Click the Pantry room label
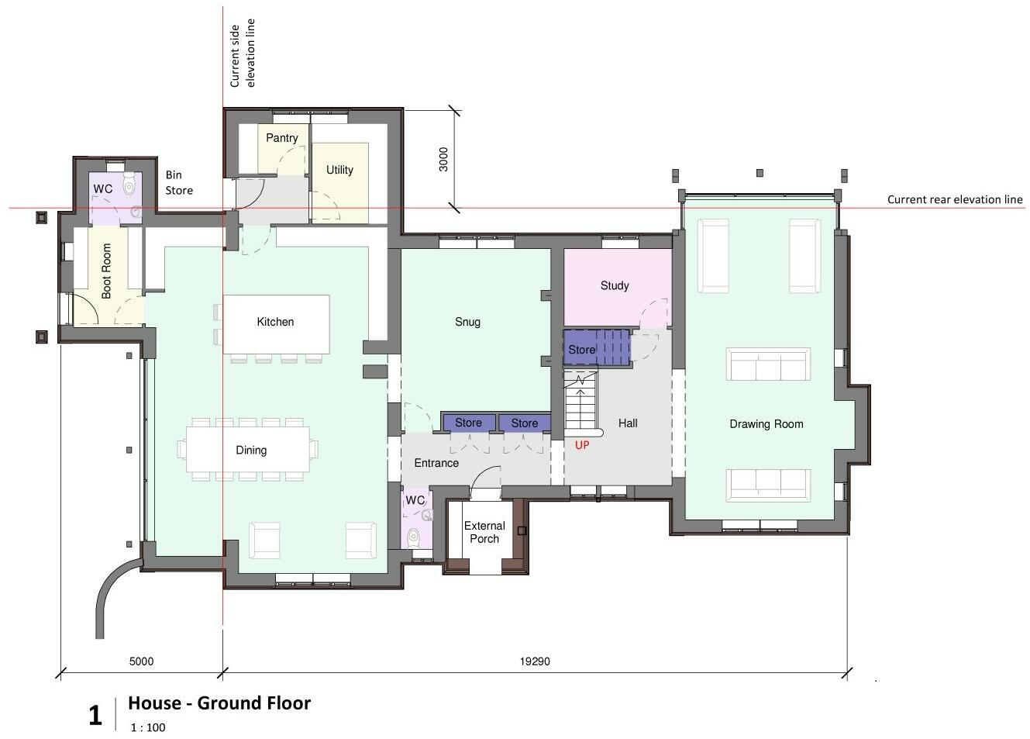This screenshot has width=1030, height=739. pyautogui.click(x=282, y=137)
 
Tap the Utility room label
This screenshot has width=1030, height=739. pyautogui.click(x=339, y=170)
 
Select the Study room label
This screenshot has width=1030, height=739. pyautogui.click(x=615, y=286)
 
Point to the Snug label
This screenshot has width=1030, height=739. pyautogui.click(x=467, y=322)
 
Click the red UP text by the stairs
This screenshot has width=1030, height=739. pyautogui.click(x=582, y=445)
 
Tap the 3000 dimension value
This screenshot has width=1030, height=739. pyautogui.click(x=443, y=159)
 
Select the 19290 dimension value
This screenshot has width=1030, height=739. pyautogui.click(x=535, y=661)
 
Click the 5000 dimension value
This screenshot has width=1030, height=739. pyautogui.click(x=141, y=661)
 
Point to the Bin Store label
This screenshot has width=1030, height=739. pyautogui.click(x=179, y=183)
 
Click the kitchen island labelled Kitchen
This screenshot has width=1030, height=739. pyautogui.click(x=277, y=324)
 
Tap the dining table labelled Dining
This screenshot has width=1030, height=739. pyautogui.click(x=248, y=449)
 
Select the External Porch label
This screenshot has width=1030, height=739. pyautogui.click(x=484, y=532)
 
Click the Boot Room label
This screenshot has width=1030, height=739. pyautogui.click(x=106, y=271)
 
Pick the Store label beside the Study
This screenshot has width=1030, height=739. pyautogui.click(x=582, y=350)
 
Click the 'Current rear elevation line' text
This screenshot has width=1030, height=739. pyautogui.click(x=955, y=200)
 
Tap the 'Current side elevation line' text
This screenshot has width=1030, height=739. pyautogui.click(x=242, y=54)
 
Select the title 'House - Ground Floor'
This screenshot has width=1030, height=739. pyautogui.click(x=219, y=703)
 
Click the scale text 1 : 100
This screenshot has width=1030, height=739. pyautogui.click(x=147, y=727)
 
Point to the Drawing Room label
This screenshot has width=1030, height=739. pyautogui.click(x=766, y=424)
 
